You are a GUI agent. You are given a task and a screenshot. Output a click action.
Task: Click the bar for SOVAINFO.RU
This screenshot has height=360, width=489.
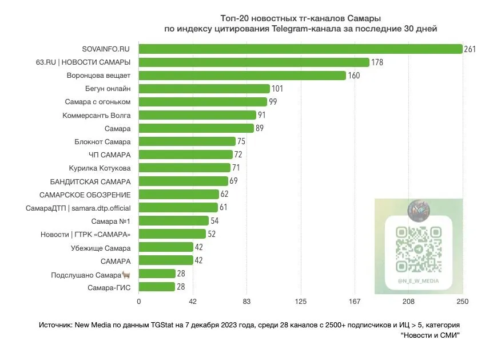click(x=300, y=49)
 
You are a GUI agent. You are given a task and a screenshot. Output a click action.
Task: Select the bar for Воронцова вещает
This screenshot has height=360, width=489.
click(x=242, y=76)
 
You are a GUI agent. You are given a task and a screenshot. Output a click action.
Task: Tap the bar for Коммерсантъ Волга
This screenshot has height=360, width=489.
click(x=197, y=115)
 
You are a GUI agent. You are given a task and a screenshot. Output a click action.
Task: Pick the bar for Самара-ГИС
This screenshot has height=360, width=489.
click(x=157, y=287)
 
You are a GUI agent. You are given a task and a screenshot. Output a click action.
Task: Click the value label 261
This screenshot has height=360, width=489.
click(x=470, y=49)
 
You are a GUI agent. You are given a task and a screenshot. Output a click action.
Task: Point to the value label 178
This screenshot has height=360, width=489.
click(x=377, y=62)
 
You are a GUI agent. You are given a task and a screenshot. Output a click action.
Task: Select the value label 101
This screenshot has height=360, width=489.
click(x=277, y=89)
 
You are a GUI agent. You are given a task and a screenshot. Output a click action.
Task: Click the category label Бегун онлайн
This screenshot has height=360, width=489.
click(x=109, y=89)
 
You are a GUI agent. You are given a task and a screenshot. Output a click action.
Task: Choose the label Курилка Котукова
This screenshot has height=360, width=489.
click(x=100, y=168)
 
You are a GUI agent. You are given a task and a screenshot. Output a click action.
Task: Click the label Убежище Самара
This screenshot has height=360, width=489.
click(x=102, y=248)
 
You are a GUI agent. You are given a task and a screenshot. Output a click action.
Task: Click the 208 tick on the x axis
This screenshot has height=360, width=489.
click(x=409, y=302)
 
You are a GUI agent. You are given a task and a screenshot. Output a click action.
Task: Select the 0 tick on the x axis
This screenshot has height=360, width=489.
click(x=138, y=302)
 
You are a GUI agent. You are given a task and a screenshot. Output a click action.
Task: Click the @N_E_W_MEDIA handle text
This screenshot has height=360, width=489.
click(x=419, y=281)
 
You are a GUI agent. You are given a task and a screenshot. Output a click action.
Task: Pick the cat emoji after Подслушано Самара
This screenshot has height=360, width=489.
click(x=126, y=274)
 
